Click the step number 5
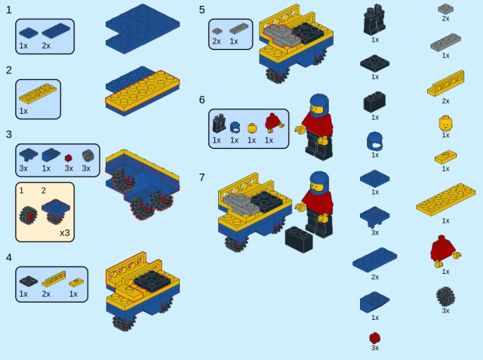tap(202, 10)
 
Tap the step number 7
tap(202, 177)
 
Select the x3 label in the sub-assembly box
tap(65, 232)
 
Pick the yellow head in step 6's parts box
tap(252, 128)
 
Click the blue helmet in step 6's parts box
tap(235, 128)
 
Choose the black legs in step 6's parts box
tap(219, 124)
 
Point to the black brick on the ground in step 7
tap(299, 239)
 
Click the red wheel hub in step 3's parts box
tap(69, 158)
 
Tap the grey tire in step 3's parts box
tap(88, 155)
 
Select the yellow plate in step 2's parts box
tap(38, 94)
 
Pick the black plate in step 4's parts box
tap(29, 281)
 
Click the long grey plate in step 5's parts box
tap(238, 29)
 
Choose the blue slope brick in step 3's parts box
tap(51, 155)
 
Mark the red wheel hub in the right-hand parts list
tap(374, 338)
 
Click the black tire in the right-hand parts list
tap(445, 297)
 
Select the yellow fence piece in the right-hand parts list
tap(446, 84)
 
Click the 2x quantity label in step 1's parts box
tap(46, 46)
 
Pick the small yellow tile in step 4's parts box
tap(76, 282)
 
